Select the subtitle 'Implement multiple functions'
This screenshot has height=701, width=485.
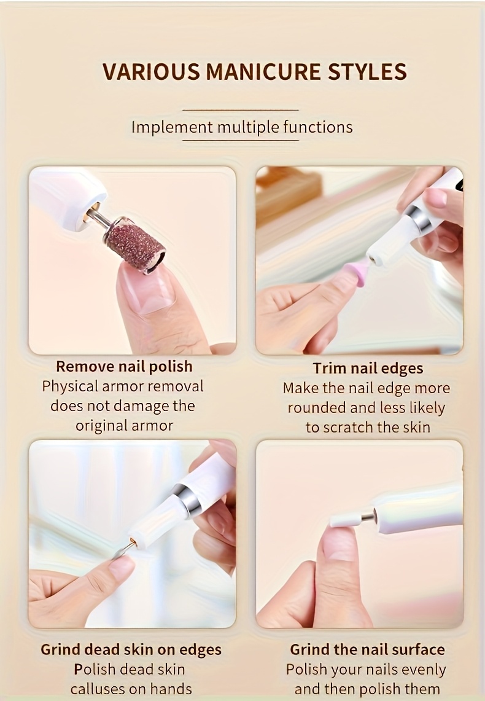[x=242, y=127]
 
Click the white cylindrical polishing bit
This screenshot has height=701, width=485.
[x=345, y=520]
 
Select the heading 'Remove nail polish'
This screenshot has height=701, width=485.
[x=124, y=366]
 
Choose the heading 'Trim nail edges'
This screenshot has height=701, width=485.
[x=368, y=368]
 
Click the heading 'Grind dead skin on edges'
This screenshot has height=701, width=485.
[x=131, y=649]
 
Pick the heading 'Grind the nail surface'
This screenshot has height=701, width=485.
[x=367, y=649]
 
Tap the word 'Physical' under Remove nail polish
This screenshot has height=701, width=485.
[x=69, y=386]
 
